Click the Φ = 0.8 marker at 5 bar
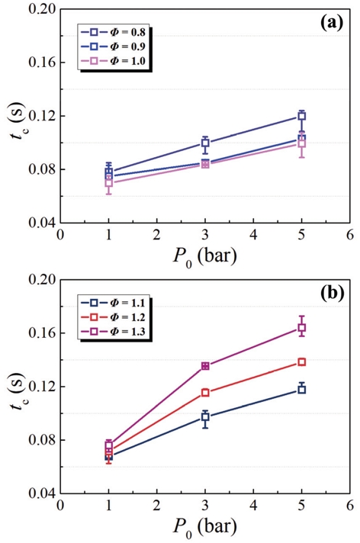302,116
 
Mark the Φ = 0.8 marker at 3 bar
205,143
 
